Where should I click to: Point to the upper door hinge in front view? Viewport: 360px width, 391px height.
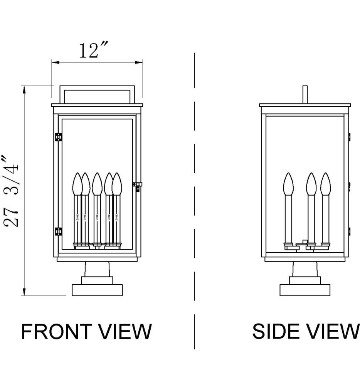pyautogui.click(x=59, y=137)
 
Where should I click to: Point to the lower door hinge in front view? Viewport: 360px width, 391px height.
pyautogui.click(x=59, y=231)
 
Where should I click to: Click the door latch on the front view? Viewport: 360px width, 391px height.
pyautogui.click(x=137, y=187)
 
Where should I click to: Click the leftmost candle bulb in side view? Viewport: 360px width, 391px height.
pyautogui.click(x=288, y=184)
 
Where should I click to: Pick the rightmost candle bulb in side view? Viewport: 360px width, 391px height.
pyautogui.click(x=326, y=184)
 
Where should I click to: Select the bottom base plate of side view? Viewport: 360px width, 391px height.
pyautogui.click(x=305, y=290)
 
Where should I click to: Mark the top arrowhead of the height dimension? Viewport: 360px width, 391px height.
pyautogui.click(x=25, y=89)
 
